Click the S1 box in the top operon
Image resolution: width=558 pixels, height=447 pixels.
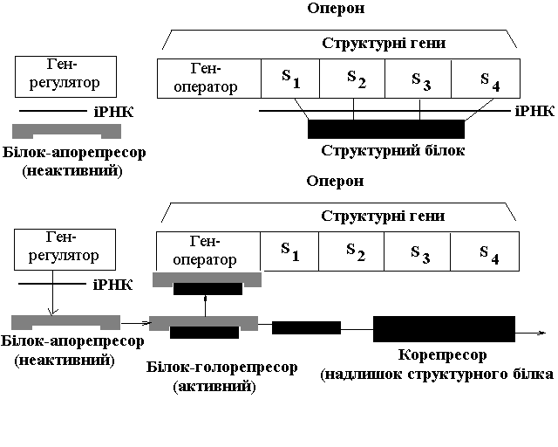coord(290,79)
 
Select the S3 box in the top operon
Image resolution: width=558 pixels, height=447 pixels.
coord(420,79)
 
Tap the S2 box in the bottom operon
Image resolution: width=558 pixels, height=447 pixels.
coord(354,251)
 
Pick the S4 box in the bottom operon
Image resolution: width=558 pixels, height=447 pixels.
coord(488,251)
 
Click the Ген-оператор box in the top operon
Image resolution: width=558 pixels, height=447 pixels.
coord(209,79)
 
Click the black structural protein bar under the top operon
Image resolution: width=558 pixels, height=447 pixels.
coord(385,129)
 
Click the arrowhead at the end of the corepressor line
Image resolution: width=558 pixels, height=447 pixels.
coord(542,332)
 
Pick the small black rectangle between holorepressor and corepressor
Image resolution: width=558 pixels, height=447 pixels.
coord(306,328)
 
